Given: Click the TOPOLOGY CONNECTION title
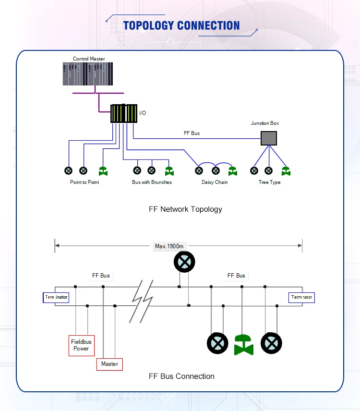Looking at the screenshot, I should click(x=181, y=25).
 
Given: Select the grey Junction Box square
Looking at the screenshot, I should click(x=269, y=138).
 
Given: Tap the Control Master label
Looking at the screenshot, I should click(x=89, y=59).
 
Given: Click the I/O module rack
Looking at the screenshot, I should click(x=124, y=114).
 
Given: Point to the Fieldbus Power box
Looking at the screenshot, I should click(x=81, y=345).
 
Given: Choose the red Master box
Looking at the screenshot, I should click(x=109, y=364).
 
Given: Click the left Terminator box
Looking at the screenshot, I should click(x=57, y=298).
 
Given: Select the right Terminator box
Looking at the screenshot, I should click(x=301, y=298).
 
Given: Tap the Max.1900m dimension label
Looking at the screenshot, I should click(x=169, y=246).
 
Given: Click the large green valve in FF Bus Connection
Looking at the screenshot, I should click(x=244, y=344).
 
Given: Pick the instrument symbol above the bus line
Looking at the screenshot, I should click(x=184, y=262).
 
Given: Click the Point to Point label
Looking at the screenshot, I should click(x=84, y=182).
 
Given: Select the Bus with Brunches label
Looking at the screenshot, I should click(x=152, y=182).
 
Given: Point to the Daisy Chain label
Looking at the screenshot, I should click(x=215, y=182).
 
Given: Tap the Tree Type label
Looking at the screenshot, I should click(x=269, y=182).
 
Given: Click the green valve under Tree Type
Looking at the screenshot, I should click(x=286, y=170).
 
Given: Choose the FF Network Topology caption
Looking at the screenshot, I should click(x=185, y=209).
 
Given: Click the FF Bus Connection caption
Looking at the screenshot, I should click(x=181, y=376).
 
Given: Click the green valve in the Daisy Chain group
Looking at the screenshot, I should click(x=233, y=170).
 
